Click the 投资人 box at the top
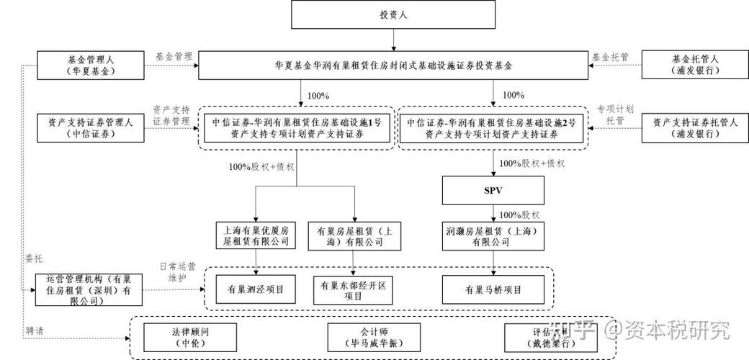(393, 14)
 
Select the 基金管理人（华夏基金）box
(86, 64)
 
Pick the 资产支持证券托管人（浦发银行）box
(695, 127)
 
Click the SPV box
(493, 191)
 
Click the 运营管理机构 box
(87, 289)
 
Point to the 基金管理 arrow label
(174, 55)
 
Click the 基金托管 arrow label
(609, 55)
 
